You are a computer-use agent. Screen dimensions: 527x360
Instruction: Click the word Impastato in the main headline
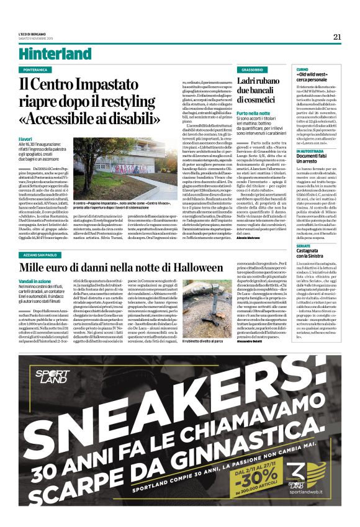coord(102,81)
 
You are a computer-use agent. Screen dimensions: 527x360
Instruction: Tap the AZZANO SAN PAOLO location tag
coord(40,237)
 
